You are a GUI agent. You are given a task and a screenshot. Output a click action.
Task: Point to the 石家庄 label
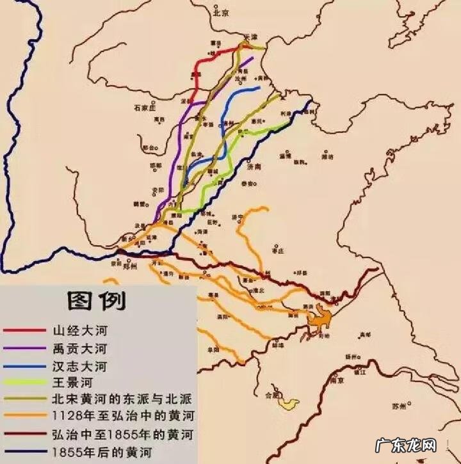coord(145,108)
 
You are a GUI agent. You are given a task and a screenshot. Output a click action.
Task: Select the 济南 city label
coord(254,166)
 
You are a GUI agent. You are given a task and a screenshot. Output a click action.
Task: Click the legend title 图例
coord(97,300)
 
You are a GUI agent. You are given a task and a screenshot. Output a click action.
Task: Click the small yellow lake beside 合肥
coord(287,403)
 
